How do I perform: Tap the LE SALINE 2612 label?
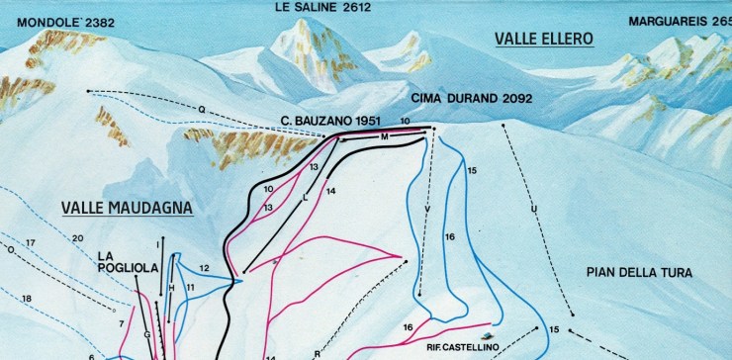click(322, 7)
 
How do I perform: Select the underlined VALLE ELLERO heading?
click(543, 39)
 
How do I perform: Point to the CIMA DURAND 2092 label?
click(472, 98)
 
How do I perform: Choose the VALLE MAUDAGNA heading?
click(126, 208)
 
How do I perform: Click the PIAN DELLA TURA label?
click(639, 272)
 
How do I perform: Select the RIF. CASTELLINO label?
click(463, 346)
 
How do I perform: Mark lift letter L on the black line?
click(306, 198)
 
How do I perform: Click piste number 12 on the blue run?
click(204, 268)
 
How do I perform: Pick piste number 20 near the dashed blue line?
click(77, 238)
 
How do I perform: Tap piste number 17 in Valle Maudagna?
click(31, 242)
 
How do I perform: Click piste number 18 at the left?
click(27, 299)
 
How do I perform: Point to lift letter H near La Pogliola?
click(171, 288)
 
